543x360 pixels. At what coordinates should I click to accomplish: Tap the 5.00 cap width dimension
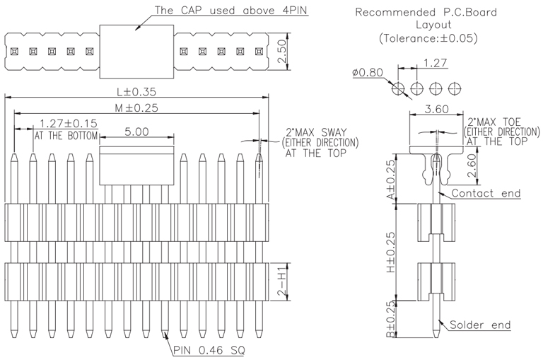point(136,132)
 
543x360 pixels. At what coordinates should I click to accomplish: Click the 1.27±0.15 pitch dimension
point(69,124)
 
